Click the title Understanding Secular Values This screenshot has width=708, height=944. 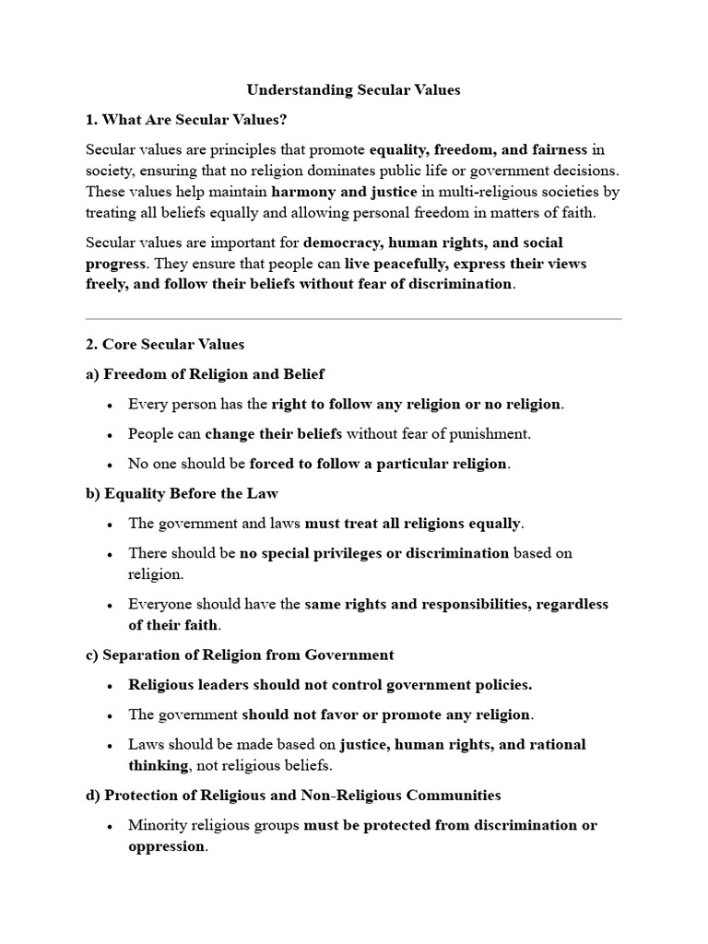pos(353,90)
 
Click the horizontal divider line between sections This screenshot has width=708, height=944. pos(353,319)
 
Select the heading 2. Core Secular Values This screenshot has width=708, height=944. pos(165,345)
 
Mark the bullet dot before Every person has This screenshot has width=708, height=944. pos(110,405)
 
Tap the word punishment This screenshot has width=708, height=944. pos(485,433)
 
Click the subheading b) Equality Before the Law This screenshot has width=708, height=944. pos(182,493)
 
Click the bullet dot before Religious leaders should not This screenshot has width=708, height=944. pos(110,685)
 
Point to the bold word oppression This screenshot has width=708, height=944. pos(166,846)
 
